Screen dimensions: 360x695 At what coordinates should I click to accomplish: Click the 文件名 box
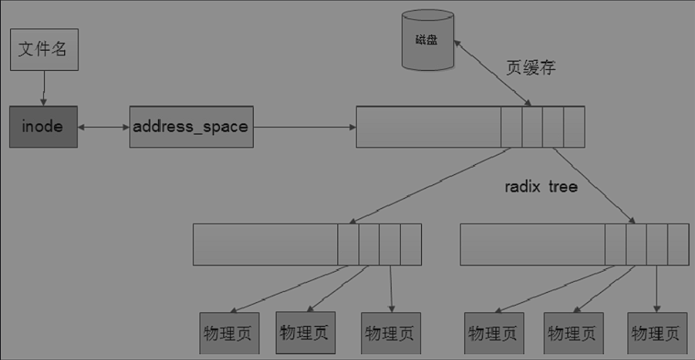43,50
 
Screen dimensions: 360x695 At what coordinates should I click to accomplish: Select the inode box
43,127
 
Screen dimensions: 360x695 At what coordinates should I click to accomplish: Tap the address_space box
191,127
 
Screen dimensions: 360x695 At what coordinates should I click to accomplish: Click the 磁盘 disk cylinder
428,40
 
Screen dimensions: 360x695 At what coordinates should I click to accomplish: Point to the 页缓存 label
531,68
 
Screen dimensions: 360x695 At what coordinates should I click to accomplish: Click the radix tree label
541,187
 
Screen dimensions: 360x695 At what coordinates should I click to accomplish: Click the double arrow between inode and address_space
103,127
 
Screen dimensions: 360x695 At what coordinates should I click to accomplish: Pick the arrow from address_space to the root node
304,127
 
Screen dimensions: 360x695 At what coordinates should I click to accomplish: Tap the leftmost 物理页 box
229,333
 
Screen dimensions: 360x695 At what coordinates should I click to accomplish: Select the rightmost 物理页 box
656,333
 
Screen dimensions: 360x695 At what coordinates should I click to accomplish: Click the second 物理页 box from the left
305,333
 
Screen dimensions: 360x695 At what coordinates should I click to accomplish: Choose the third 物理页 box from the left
390,333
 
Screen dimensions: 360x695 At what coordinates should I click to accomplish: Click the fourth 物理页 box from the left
493,333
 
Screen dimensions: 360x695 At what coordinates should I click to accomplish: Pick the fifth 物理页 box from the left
573,333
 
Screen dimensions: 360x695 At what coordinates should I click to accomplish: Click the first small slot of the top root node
511,127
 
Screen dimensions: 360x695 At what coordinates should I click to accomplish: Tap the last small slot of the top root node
574,127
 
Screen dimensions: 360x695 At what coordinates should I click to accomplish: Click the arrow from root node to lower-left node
431,186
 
